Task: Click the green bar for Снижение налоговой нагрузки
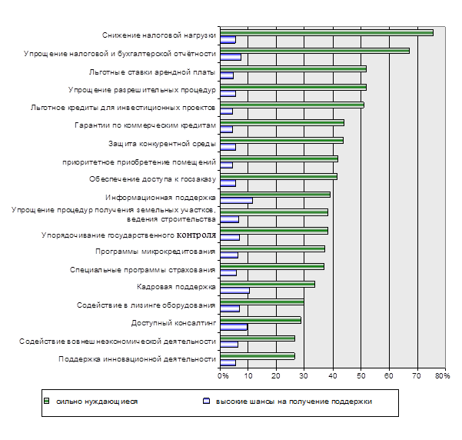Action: [x=326, y=32]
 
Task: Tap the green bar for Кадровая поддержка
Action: [x=267, y=284]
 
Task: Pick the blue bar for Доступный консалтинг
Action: [x=234, y=328]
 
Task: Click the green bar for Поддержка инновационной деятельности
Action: [x=257, y=355]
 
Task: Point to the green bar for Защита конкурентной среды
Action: [x=281, y=140]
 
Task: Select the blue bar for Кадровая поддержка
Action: [x=234, y=292]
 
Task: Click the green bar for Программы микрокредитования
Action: [x=272, y=248]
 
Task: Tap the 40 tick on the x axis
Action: [x=332, y=375]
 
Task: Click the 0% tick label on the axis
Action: [x=222, y=375]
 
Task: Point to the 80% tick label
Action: [x=442, y=375]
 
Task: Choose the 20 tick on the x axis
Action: [x=276, y=375]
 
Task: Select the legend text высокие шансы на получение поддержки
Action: [x=293, y=402]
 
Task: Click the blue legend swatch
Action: [x=206, y=402]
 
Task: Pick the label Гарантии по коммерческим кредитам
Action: [x=145, y=125]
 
